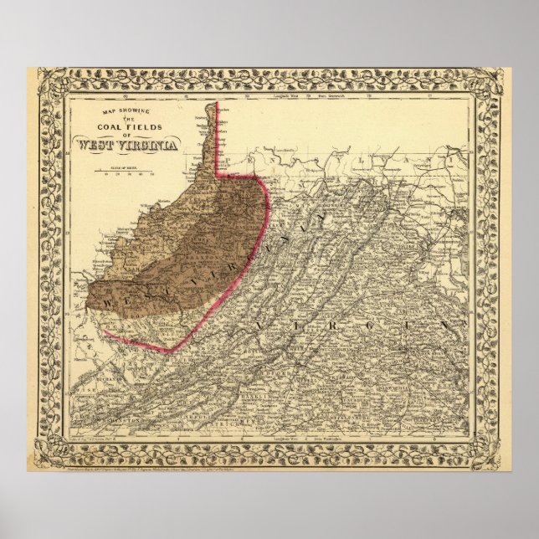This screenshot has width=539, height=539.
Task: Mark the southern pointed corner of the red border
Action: point(170,349)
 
